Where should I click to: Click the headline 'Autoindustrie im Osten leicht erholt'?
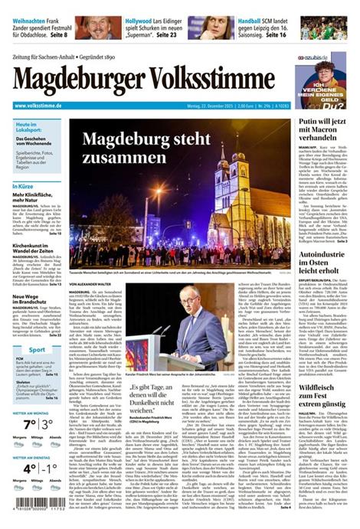coord(325,273)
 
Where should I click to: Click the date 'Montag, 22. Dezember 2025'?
coord(214,106)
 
